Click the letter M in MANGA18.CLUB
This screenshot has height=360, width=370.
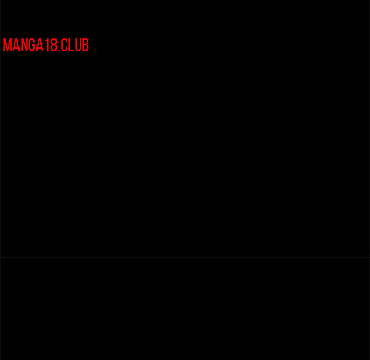[7, 45]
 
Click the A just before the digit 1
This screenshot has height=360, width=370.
[40, 45]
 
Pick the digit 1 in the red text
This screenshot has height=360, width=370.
[47, 45]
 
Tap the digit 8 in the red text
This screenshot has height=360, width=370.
[54, 45]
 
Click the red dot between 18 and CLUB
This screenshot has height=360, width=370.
[59, 50]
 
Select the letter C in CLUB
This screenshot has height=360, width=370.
[64, 45]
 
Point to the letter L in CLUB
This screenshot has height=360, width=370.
[71, 45]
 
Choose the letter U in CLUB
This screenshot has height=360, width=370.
[78, 45]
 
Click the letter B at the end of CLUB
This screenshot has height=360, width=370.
[86, 45]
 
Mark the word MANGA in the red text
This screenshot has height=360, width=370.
[23, 45]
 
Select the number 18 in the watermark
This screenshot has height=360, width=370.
[51, 45]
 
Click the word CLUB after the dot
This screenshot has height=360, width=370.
[75, 45]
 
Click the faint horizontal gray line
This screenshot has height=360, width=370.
[185, 257]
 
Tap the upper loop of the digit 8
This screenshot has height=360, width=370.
[54, 41]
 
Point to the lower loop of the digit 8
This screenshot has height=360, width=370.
[54, 48]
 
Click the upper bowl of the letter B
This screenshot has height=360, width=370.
[86, 41]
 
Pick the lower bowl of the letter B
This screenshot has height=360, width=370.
[86, 48]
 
